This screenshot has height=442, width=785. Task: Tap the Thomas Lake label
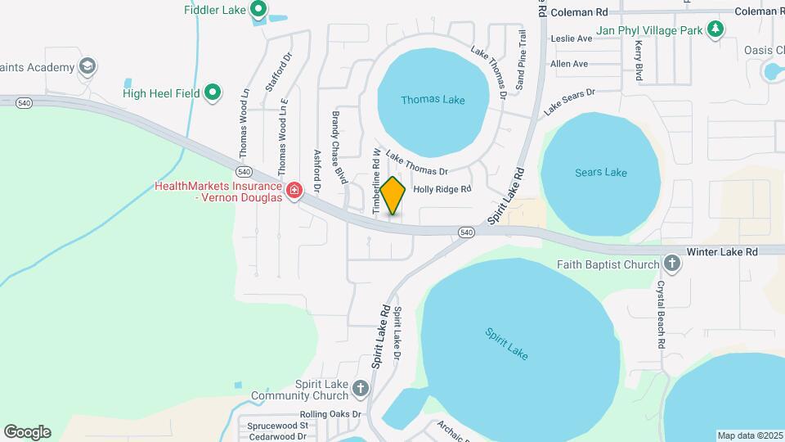click(x=433, y=100)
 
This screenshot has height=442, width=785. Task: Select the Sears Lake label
click(x=600, y=172)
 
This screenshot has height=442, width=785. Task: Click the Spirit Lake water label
click(x=506, y=344)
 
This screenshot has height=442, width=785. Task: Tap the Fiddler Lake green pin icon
click(x=258, y=10)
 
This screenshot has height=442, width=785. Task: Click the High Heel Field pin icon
click(x=213, y=93)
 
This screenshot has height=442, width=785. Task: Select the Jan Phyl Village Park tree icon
click(x=716, y=29)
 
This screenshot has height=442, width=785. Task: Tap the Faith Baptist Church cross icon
click(x=672, y=264)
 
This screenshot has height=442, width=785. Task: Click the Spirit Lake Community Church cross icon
click(x=361, y=386)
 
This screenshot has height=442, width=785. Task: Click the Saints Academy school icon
click(x=87, y=66)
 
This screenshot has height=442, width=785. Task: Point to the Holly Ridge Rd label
click(x=442, y=189)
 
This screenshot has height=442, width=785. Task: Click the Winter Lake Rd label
click(x=722, y=251)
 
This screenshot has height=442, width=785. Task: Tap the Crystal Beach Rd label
click(x=660, y=315)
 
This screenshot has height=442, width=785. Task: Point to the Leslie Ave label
click(x=571, y=38)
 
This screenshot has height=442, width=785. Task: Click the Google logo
click(x=27, y=432)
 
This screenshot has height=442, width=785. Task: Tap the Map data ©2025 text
click(x=749, y=435)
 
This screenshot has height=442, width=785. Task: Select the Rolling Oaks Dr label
click(x=330, y=414)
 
